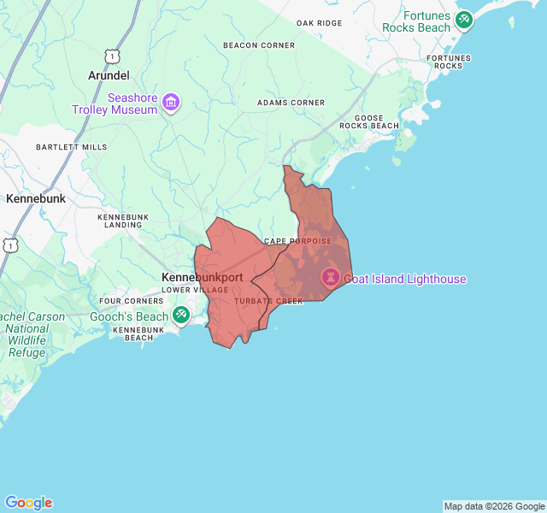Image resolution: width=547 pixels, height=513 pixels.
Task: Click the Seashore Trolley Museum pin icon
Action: click(x=172, y=103)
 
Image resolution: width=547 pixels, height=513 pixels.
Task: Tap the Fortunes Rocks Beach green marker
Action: click(x=464, y=20)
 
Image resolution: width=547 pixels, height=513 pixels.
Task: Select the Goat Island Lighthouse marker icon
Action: click(x=330, y=278)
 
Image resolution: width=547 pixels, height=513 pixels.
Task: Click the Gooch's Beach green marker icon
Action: click(x=181, y=315)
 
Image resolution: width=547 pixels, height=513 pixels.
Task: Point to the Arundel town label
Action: click(x=109, y=76)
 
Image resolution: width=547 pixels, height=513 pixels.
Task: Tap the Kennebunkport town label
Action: click(x=203, y=278)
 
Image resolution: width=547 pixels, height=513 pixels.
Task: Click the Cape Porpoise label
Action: click(x=297, y=241)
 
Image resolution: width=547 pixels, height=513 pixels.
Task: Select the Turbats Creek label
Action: click(x=269, y=301)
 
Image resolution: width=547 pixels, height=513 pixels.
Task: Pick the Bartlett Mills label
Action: click(x=72, y=147)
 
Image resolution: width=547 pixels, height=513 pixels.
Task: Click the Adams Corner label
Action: click(x=291, y=103)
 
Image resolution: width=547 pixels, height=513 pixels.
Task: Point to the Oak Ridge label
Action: click(x=319, y=23)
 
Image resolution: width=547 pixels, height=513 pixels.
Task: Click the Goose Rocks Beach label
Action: click(x=369, y=121)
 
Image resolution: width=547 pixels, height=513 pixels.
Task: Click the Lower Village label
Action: click(x=195, y=290)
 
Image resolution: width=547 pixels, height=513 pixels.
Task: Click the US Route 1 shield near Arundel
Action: click(x=111, y=56)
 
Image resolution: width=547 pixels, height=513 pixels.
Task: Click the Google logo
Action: click(x=28, y=503)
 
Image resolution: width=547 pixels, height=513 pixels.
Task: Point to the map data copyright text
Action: click(x=493, y=506)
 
